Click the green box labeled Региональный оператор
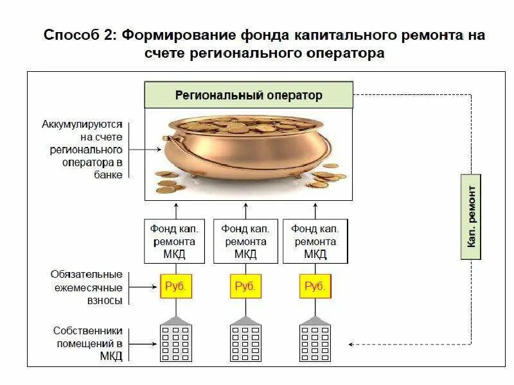[x=249, y=96]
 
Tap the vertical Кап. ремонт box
[x=471, y=216]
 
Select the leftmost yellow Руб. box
[x=176, y=286]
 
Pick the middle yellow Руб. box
[x=245, y=286]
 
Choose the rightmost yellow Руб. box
[x=315, y=286]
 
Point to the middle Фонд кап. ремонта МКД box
[x=245, y=241]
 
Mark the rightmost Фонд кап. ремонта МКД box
[x=314, y=241]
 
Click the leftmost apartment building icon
[x=176, y=340]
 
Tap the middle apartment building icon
[x=245, y=340]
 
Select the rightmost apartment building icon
[x=315, y=340]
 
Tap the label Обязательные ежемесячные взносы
[x=86, y=287]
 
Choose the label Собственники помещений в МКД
[x=87, y=343]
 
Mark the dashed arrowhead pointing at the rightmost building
[x=352, y=344]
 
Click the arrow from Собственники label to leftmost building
[x=145, y=344]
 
